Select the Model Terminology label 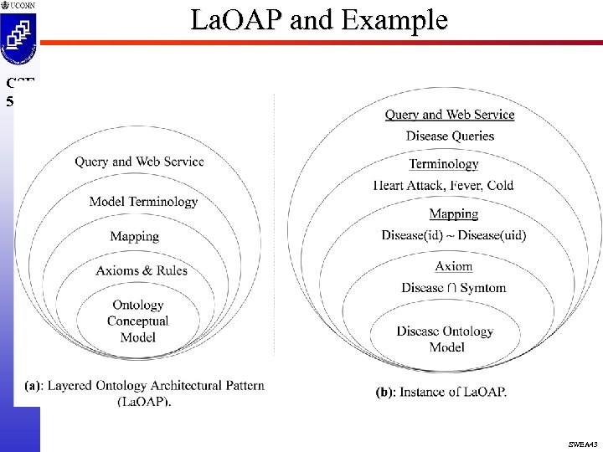pos(143,202)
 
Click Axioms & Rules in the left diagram pos(142,270)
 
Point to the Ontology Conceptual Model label pos(138,321)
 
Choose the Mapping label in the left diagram pos(134,236)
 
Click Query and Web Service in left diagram pos(139,162)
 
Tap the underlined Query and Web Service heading pos(450,115)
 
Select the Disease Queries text pos(450,136)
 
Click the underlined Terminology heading pos(444,164)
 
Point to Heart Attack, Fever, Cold pos(443,185)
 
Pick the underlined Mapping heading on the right pos(453,214)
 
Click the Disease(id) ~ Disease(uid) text pos(454,235)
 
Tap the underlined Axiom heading pos(454,267)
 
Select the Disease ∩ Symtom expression pos(454,288)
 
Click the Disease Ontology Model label pos(446,338)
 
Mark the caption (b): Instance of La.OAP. pos(441,392)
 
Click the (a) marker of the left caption pos(33,386)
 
